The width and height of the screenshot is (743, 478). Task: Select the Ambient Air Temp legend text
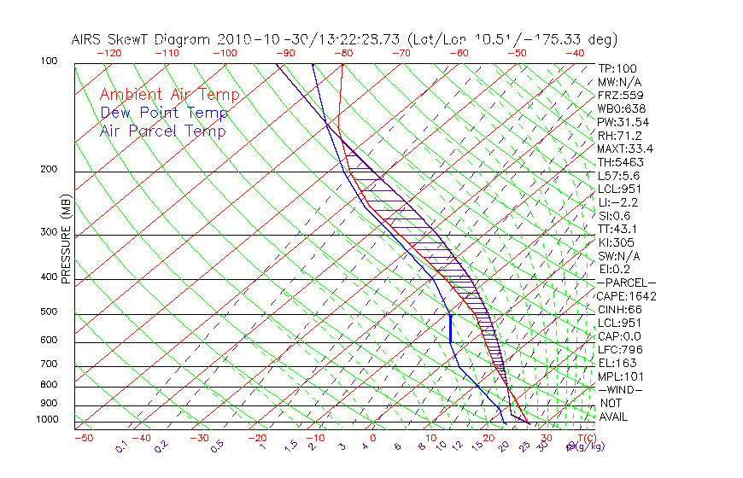tap(169, 95)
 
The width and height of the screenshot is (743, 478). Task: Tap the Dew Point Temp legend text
tap(163, 113)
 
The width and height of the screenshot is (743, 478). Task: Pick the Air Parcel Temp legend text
tap(162, 131)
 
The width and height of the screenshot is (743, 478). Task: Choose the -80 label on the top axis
tap(343, 53)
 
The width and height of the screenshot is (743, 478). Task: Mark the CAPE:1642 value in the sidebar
tap(626, 296)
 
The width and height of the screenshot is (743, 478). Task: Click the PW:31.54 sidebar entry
tap(622, 122)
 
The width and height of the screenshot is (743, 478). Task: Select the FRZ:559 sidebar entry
tap(618, 95)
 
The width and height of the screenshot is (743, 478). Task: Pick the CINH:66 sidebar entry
tap(618, 309)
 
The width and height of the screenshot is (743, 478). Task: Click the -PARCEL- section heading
tap(626, 283)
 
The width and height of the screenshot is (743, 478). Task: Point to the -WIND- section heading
tap(621, 389)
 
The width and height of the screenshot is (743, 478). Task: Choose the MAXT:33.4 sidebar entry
tap(624, 149)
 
